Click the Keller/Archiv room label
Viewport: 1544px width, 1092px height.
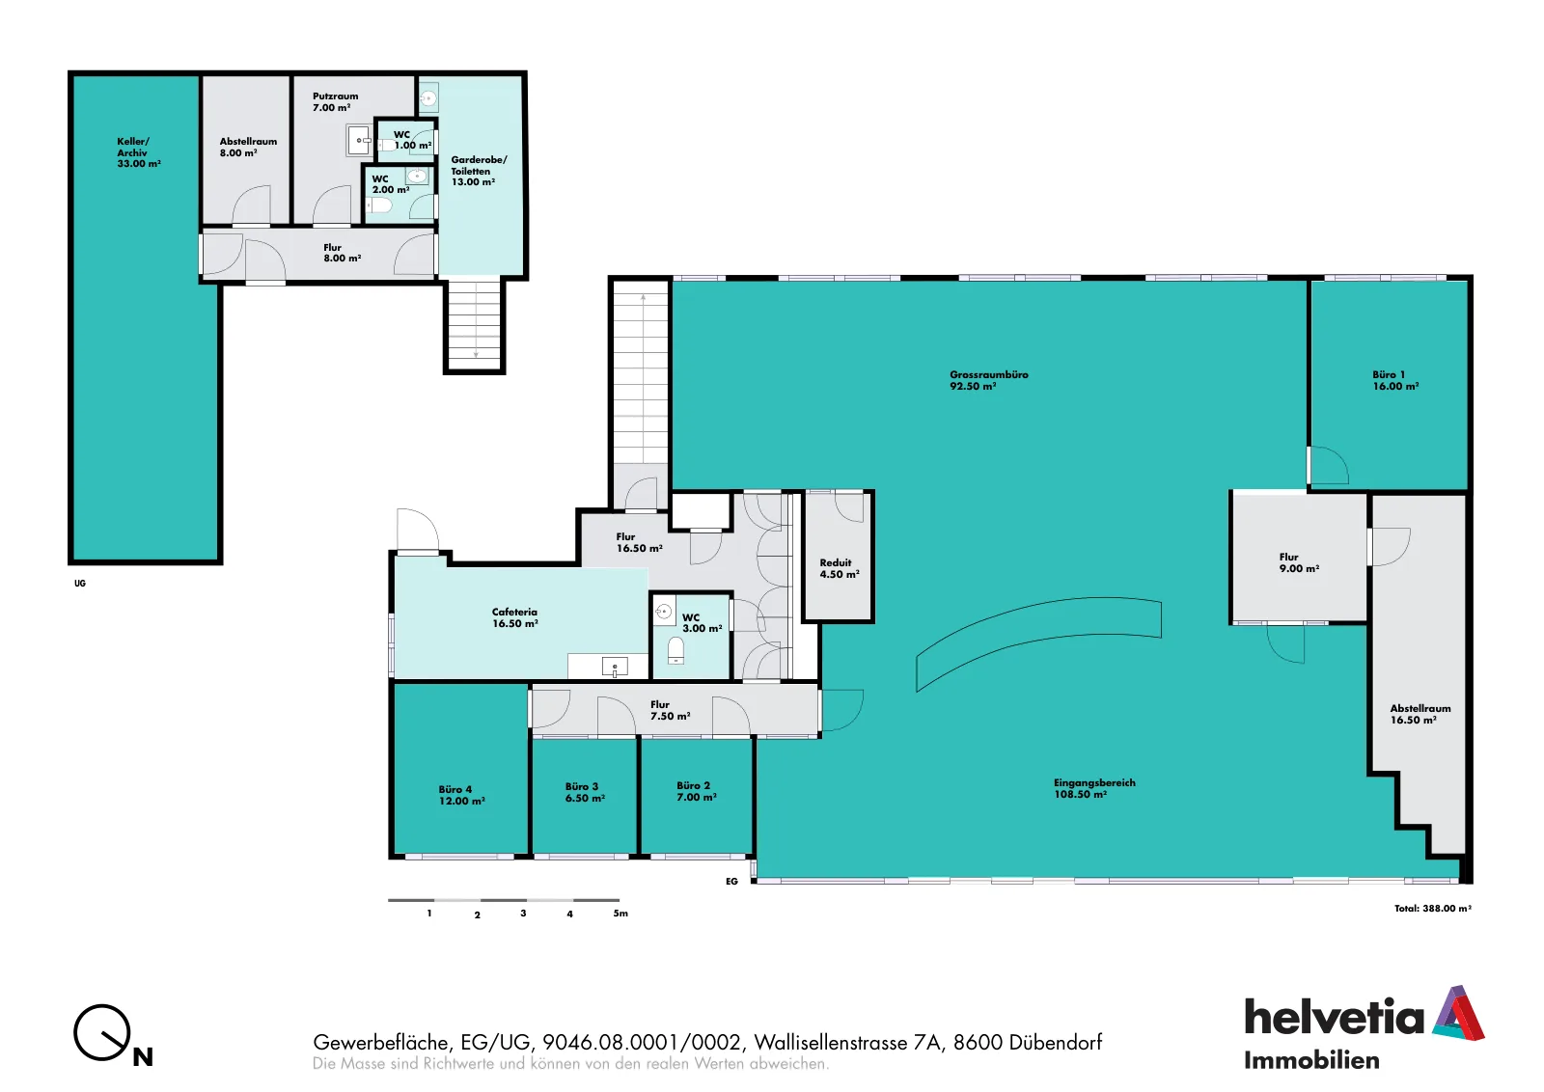pyautogui.click(x=139, y=152)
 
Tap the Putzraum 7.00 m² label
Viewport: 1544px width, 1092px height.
pyautogui.click(x=335, y=102)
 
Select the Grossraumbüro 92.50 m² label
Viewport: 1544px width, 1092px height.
pyautogui.click(x=988, y=380)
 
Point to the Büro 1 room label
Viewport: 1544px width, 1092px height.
pyautogui.click(x=1395, y=380)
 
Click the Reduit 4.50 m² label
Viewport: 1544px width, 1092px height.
pyautogui.click(x=839, y=568)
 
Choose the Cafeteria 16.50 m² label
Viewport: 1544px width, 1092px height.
pyautogui.click(x=515, y=617)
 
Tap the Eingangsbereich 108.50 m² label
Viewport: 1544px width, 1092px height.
pyautogui.click(x=1094, y=788)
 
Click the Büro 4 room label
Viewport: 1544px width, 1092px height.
pyautogui.click(x=461, y=795)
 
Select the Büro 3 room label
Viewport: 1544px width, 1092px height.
pyautogui.click(x=585, y=792)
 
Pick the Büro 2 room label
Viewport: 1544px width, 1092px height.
pyautogui.click(x=696, y=791)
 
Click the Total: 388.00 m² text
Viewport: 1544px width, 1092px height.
pyautogui.click(x=1432, y=908)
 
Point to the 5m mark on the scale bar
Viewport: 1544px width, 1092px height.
pyautogui.click(x=620, y=914)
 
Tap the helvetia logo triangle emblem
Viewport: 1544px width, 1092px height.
pyautogui.click(x=1458, y=1013)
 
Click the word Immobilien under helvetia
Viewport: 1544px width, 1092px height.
pyautogui.click(x=1311, y=1060)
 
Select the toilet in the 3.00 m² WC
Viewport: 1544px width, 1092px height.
pyautogui.click(x=675, y=650)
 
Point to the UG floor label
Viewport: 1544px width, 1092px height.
pyautogui.click(x=80, y=584)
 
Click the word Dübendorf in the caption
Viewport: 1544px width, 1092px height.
pyautogui.click(x=1055, y=1043)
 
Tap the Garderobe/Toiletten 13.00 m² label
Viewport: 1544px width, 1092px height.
pyautogui.click(x=479, y=170)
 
